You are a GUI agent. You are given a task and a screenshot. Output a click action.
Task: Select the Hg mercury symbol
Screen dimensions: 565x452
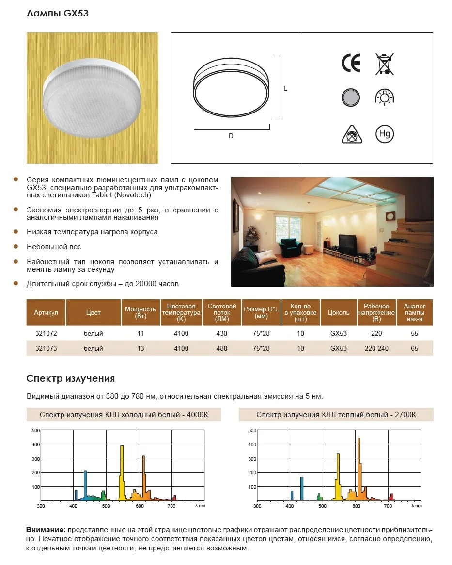tap(385, 134)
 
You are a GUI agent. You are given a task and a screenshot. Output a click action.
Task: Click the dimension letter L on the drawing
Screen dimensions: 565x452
tap(286, 89)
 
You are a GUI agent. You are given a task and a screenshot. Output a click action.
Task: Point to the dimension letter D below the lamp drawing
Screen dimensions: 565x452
tap(231, 136)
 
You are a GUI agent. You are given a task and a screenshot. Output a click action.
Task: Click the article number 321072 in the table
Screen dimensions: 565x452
tap(46, 334)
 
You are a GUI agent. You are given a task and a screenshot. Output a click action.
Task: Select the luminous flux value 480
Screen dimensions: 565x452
tap(221, 348)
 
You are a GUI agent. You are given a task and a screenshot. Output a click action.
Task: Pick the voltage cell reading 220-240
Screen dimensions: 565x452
tap(376, 348)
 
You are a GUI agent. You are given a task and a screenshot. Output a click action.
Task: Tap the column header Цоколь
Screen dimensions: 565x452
tap(339, 313)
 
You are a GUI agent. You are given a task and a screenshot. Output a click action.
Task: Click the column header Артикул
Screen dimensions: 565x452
tap(46, 313)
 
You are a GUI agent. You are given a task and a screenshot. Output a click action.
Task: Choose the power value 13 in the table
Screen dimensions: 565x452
tap(140, 348)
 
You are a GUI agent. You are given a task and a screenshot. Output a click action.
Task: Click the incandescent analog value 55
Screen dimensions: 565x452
tap(414, 334)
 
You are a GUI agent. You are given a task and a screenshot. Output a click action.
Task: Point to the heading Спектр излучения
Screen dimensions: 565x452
tap(70, 378)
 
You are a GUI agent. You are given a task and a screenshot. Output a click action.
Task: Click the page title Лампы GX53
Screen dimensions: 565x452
tap(57, 14)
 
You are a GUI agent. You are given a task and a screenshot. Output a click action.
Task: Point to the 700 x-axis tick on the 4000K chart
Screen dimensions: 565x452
tap(171, 506)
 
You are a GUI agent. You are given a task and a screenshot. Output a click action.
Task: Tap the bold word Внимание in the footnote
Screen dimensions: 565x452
tap(46, 529)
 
